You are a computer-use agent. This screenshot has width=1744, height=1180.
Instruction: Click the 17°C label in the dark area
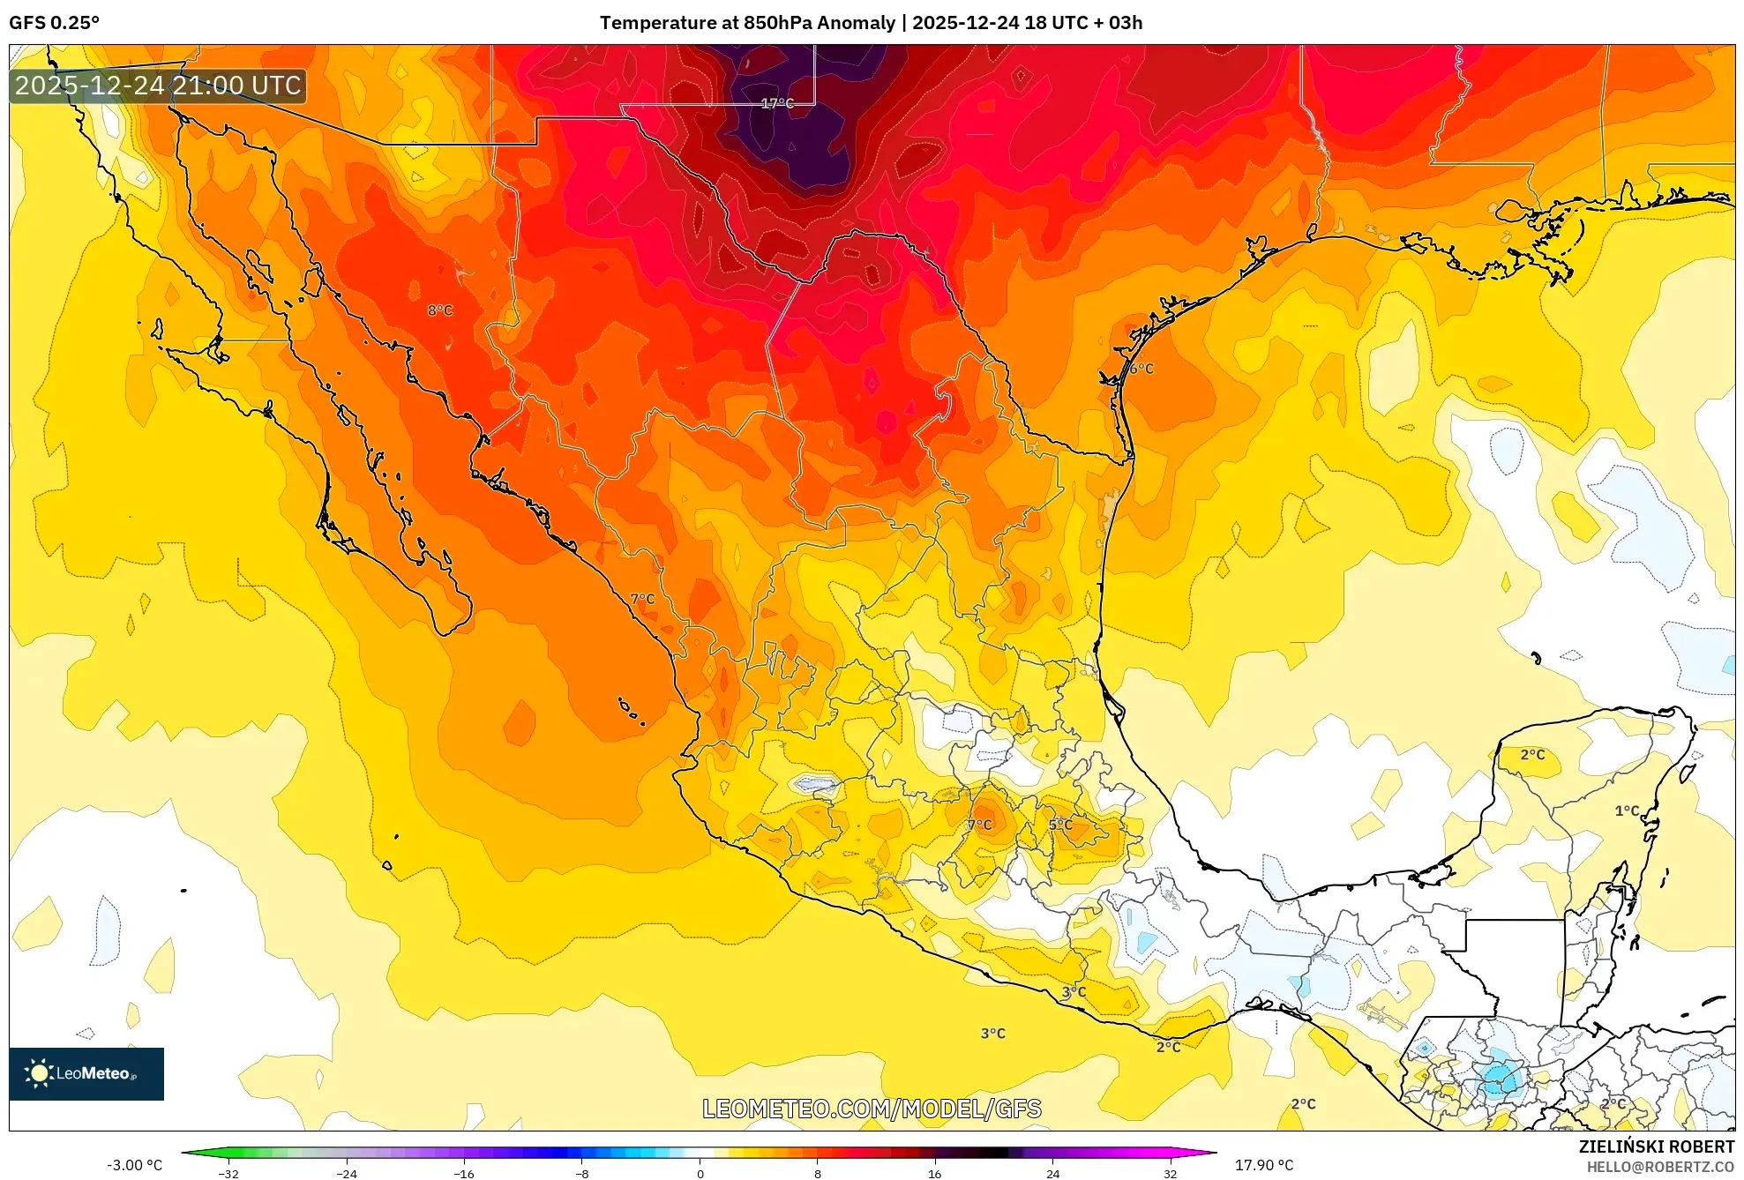click(x=777, y=103)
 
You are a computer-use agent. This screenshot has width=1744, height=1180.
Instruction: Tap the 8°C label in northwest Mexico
click(x=439, y=310)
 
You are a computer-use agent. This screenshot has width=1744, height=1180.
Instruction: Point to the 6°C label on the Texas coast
click(x=1141, y=369)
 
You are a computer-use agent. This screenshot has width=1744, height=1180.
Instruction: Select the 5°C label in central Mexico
click(x=1060, y=825)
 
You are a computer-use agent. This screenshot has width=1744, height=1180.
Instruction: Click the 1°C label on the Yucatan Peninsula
click(x=1627, y=810)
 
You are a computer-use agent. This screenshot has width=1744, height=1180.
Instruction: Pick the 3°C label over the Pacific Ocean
click(x=992, y=1033)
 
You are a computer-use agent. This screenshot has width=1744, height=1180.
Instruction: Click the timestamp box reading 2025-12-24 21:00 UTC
click(x=158, y=86)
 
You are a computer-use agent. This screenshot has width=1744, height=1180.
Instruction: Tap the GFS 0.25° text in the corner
click(x=54, y=23)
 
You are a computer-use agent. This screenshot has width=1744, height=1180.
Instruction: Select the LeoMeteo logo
click(x=86, y=1073)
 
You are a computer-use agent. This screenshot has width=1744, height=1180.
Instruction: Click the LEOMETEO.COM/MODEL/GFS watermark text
click(x=872, y=1109)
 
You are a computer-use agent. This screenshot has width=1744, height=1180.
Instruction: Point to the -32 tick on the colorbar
click(x=228, y=1174)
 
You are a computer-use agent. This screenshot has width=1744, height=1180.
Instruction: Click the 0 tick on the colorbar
click(x=700, y=1174)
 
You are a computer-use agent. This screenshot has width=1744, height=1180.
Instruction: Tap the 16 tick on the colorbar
click(x=934, y=1174)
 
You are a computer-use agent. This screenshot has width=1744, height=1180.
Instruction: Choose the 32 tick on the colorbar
click(x=1170, y=1174)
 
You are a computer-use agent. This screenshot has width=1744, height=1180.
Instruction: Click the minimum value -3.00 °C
click(x=134, y=1165)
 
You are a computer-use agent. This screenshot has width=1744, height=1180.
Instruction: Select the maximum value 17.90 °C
click(x=1263, y=1165)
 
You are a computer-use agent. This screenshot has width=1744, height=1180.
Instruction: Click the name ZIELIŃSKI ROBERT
click(x=1656, y=1146)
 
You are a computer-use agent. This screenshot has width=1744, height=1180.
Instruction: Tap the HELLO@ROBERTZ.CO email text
click(x=1660, y=1167)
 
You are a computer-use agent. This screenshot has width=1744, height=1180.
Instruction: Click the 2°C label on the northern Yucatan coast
click(x=1532, y=754)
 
